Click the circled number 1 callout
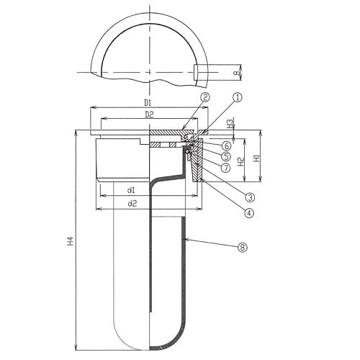238,97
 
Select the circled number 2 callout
205,97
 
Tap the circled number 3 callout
250,197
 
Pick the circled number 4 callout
249,212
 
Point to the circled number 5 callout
226,156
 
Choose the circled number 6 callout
227,145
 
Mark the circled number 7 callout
225,168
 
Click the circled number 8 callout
243,247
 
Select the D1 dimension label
148,103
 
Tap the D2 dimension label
149,115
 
